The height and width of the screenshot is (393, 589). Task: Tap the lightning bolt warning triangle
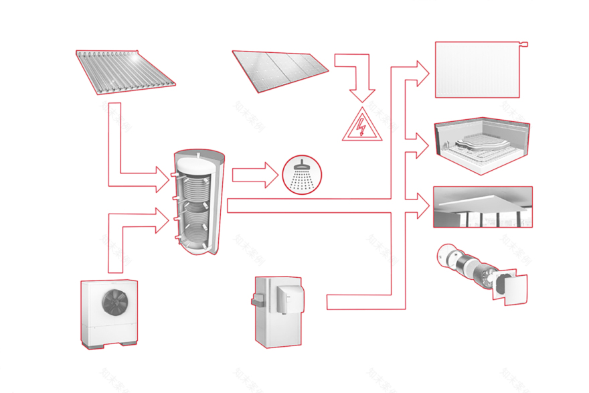click(x=363, y=125)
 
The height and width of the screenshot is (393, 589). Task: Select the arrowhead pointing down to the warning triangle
click(x=363, y=92)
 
